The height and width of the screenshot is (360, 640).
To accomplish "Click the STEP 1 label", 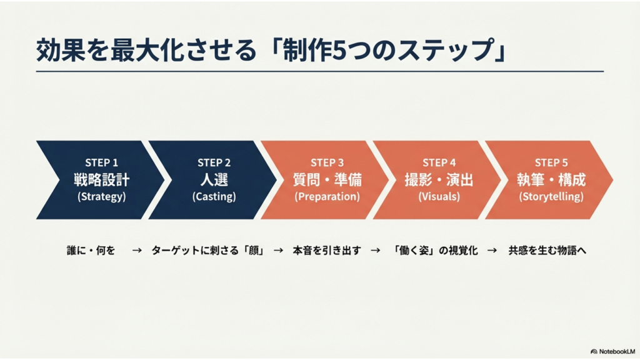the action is [102, 162].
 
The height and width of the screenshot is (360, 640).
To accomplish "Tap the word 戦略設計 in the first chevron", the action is [102, 179].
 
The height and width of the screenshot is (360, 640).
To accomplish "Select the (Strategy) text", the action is [102, 196].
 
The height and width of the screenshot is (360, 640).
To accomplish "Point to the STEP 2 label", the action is [214, 162].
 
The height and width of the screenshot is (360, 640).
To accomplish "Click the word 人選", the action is [214, 179].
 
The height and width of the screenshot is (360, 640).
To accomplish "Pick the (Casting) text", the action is [214, 196].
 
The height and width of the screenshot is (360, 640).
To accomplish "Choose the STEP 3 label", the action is [327, 162].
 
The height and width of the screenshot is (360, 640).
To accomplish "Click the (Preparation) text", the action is [327, 196].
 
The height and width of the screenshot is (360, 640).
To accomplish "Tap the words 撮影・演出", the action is [439, 179].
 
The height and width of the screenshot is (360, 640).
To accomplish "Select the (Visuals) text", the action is [439, 196].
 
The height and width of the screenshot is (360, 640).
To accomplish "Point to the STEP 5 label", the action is [551, 162].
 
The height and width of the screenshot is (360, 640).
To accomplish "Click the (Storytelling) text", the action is [551, 196].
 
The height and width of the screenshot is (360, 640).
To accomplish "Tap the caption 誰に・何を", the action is [91, 250].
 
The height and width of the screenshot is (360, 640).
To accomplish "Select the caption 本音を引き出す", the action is [327, 250].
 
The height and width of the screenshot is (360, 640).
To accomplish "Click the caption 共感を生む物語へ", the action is [547, 250].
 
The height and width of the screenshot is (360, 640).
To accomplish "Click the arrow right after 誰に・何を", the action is [137, 250].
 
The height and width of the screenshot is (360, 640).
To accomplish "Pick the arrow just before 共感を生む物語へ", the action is [492, 250].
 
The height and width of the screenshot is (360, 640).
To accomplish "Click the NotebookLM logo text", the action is [617, 351].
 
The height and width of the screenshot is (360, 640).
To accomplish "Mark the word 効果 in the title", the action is [61, 50].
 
